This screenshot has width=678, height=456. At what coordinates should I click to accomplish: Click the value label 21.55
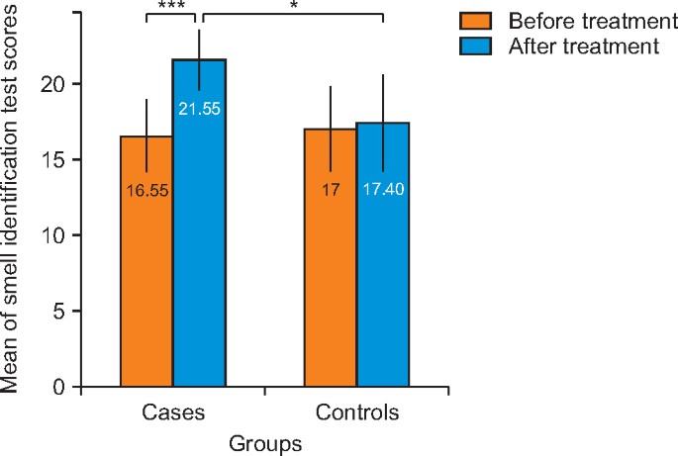(x=200, y=107)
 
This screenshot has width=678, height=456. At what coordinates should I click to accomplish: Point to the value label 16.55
(x=146, y=190)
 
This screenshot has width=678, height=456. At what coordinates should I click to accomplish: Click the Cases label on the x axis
(x=173, y=411)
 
